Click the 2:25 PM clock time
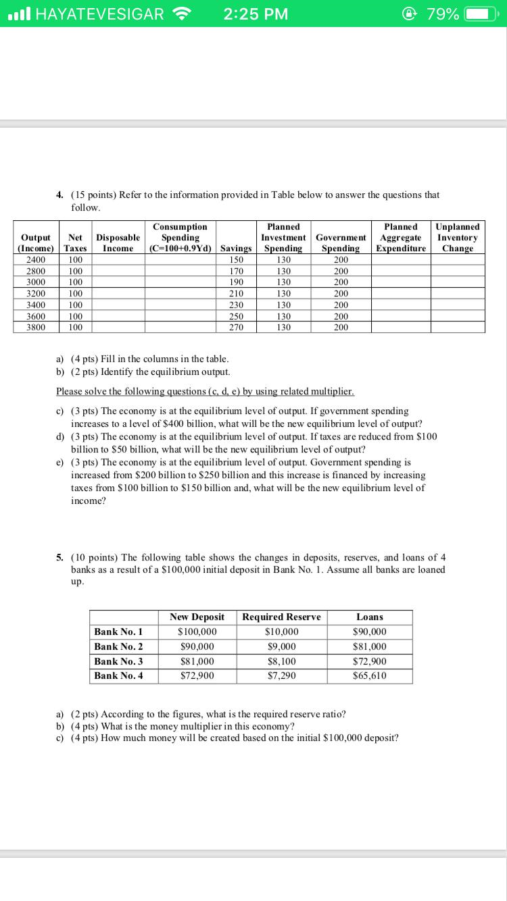(256, 14)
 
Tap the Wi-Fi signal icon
(183, 14)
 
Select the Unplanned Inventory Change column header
(458, 238)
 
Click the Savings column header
(236, 249)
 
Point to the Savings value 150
(236, 259)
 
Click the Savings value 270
(236, 327)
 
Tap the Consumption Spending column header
(180, 238)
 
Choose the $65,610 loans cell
(370, 675)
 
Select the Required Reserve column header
(281, 617)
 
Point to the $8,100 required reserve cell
(281, 661)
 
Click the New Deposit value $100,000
(197, 632)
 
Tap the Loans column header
(370, 617)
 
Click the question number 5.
(60, 557)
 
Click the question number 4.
(60, 195)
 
